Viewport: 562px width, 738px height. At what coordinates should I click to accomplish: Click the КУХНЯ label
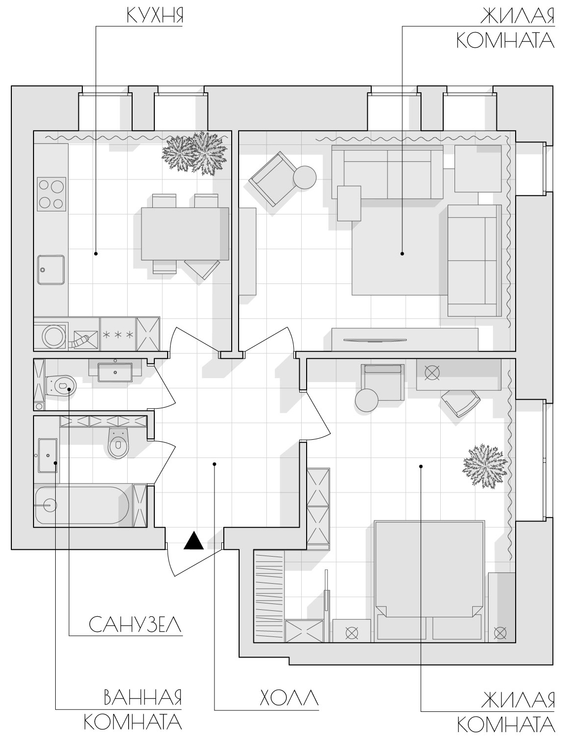click(x=155, y=16)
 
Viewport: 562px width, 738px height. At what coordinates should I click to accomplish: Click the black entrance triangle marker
click(x=194, y=541)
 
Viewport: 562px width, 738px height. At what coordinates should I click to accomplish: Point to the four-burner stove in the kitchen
click(x=51, y=194)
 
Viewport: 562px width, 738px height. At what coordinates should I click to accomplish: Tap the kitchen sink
click(x=51, y=270)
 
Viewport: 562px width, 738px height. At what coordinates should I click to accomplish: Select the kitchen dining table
click(x=185, y=234)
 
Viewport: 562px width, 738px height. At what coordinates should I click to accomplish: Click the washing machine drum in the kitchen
click(x=54, y=335)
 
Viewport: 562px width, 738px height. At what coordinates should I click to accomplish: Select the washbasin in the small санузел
click(x=115, y=372)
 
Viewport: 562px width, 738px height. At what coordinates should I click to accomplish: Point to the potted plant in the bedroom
click(x=484, y=466)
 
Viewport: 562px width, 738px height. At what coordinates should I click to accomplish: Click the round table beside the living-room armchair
click(x=305, y=177)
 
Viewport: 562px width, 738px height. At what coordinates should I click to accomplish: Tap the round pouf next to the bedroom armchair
click(x=367, y=400)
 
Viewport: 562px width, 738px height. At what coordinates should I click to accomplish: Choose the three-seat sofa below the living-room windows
click(x=387, y=172)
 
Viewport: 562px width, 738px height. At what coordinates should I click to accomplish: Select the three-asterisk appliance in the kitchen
click(x=118, y=335)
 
